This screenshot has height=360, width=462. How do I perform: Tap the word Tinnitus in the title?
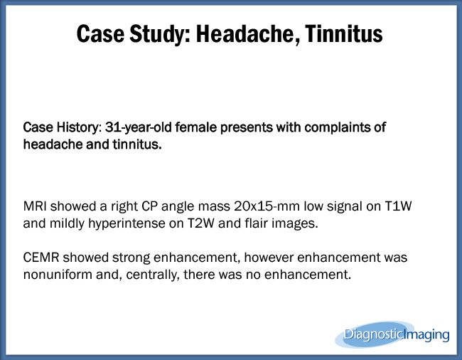[x=344, y=33]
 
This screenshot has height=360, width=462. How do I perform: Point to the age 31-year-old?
[x=138, y=127]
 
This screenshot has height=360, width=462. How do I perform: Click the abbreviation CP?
[x=149, y=206]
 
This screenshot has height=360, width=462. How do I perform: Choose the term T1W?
[x=398, y=206]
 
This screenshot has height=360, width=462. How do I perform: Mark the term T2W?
[x=201, y=223]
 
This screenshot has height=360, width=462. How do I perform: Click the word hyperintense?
[x=127, y=224]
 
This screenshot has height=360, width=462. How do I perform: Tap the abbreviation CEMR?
[x=41, y=258]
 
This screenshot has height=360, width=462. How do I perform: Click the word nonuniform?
[x=58, y=275]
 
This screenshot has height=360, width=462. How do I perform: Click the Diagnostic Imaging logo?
[x=392, y=334]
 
